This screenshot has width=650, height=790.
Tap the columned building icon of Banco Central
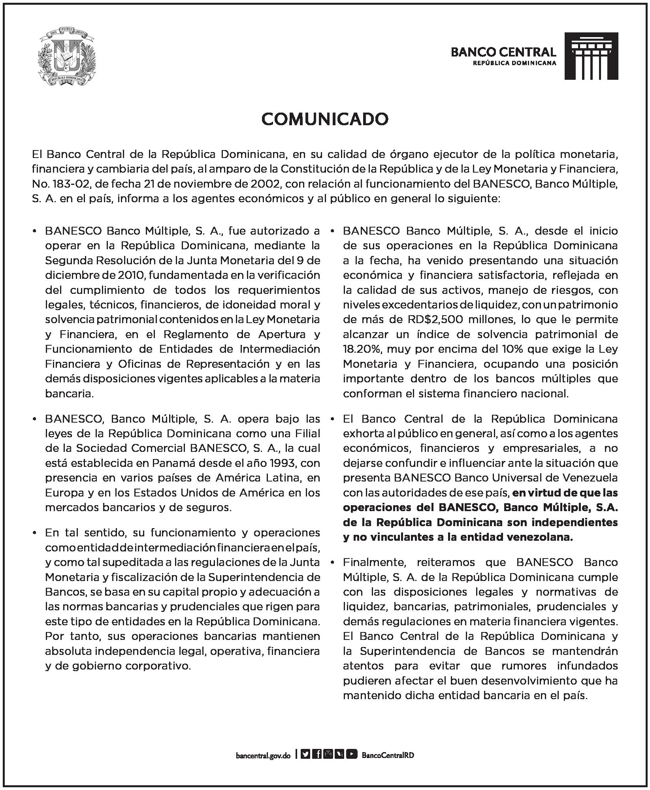591,56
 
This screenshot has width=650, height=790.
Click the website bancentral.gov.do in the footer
263,755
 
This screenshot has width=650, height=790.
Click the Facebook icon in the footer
317,754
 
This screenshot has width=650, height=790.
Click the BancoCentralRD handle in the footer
388,755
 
